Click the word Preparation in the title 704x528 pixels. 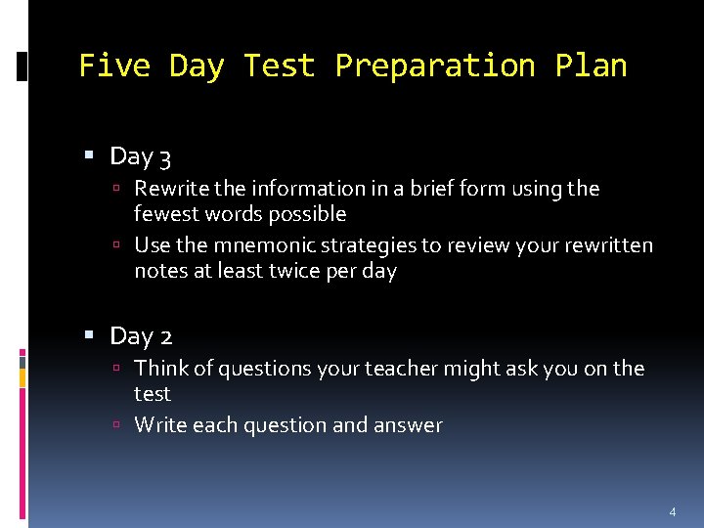tap(435, 66)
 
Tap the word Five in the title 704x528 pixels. tap(113, 66)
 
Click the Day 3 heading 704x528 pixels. tap(141, 156)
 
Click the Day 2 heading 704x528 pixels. tap(141, 336)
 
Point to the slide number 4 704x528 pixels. tap(672, 511)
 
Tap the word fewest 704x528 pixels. tap(167, 213)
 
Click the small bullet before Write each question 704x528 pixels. tap(115, 425)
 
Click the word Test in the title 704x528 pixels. tap(279, 66)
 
